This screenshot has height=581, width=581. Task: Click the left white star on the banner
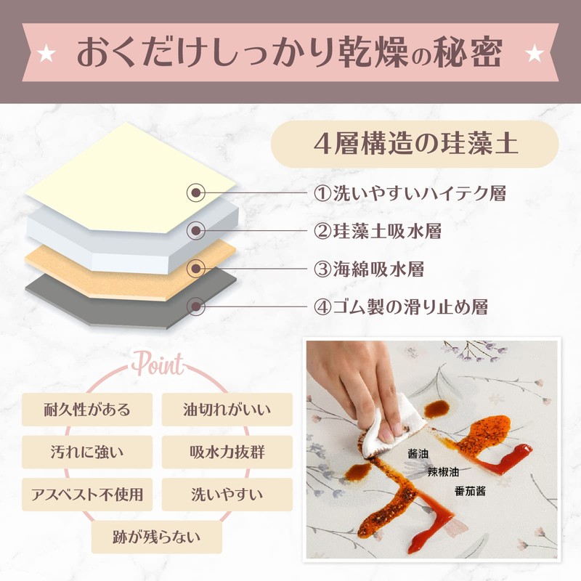click(x=46, y=54)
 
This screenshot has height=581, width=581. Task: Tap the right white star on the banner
click(x=535, y=54)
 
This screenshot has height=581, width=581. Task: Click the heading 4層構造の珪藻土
click(x=415, y=144)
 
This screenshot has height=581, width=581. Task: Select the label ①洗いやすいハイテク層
click(x=410, y=193)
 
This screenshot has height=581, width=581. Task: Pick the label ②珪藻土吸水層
click(x=378, y=231)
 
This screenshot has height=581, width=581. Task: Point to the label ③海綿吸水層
click(x=369, y=269)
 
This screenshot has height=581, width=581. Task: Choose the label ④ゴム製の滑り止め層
click(x=401, y=306)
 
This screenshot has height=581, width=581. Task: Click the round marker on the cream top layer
click(x=195, y=192)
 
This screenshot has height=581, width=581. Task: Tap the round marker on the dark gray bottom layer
click(x=195, y=306)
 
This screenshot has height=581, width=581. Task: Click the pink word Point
click(x=158, y=364)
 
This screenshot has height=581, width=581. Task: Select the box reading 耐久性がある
click(x=87, y=410)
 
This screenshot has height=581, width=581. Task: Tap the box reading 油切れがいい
click(x=227, y=410)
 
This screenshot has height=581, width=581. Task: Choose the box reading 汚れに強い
click(x=87, y=452)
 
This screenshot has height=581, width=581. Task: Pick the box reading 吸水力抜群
click(x=227, y=452)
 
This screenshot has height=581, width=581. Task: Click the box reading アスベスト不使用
click(x=87, y=495)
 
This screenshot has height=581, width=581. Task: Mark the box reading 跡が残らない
click(x=157, y=537)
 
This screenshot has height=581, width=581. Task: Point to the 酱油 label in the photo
click(x=418, y=453)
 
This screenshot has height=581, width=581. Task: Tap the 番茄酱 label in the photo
click(x=470, y=492)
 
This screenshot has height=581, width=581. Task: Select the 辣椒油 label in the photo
click(x=443, y=471)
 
